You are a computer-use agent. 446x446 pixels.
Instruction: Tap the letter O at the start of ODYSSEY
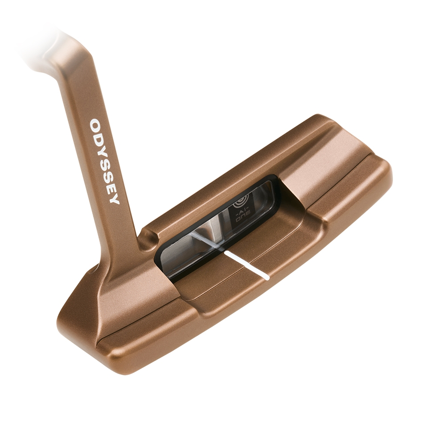pos(96,125)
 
